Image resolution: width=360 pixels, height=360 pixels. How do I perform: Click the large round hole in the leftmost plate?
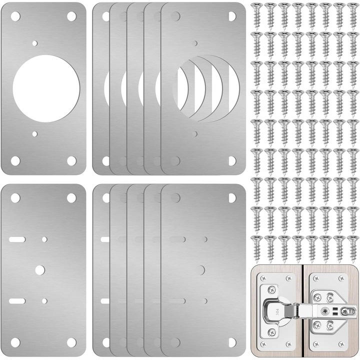point(46,89)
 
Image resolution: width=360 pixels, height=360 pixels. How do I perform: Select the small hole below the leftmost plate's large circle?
point(34,134)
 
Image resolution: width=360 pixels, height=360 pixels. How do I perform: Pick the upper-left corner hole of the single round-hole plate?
point(15,16)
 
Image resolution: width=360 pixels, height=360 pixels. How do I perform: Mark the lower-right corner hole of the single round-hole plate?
point(71,161)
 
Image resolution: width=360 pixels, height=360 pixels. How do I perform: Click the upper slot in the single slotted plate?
point(17,240)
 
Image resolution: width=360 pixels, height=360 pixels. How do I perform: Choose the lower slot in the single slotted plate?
point(17,301)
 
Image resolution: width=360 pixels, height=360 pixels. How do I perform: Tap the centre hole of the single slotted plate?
point(39,270)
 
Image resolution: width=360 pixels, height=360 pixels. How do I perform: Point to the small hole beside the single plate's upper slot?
point(44,239)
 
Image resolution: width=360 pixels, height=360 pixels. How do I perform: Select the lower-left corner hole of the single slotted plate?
point(15,342)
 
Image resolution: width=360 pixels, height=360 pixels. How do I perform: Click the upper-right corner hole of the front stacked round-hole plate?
point(232,16)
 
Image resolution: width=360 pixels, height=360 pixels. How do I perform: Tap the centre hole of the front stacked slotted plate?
point(201,270)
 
